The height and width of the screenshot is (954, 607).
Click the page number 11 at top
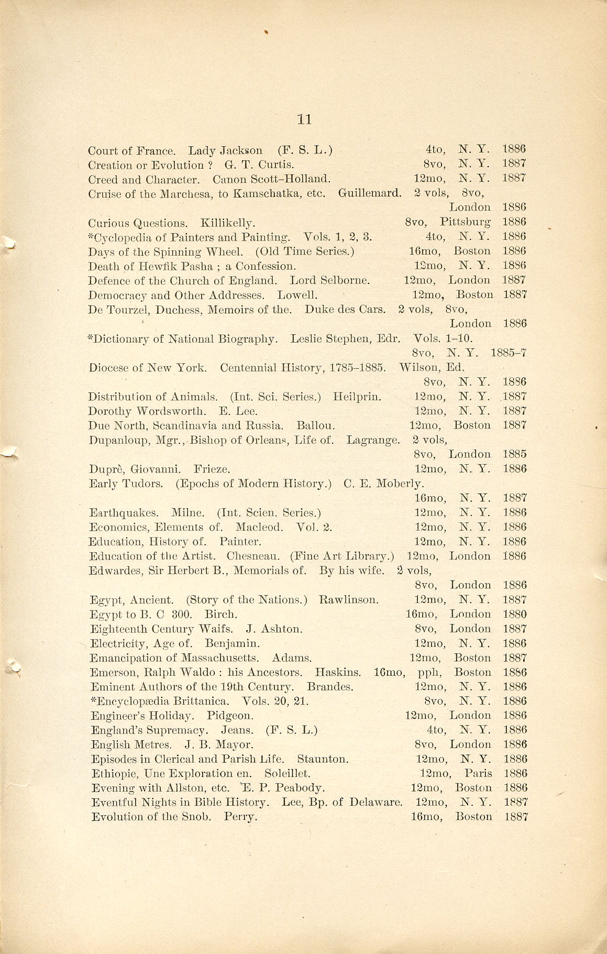(x=304, y=119)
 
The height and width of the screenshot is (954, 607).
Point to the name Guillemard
(x=370, y=193)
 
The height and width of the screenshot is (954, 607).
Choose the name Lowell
(x=297, y=295)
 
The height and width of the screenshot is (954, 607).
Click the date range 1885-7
(x=509, y=353)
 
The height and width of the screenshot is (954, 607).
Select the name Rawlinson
(x=349, y=600)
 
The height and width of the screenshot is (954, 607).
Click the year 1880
(x=514, y=614)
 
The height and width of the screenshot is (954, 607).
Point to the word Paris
(x=478, y=773)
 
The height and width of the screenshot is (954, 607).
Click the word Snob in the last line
(x=200, y=817)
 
